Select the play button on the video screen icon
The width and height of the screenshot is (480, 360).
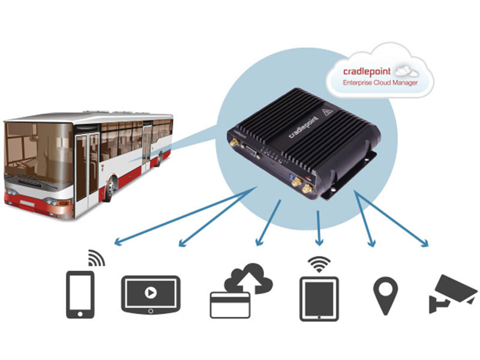tap(150, 293)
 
